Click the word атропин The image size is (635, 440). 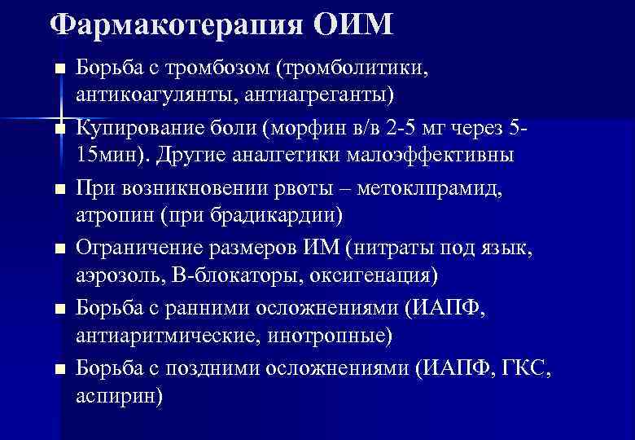tap(112, 216)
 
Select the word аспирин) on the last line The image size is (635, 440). tap(119, 397)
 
